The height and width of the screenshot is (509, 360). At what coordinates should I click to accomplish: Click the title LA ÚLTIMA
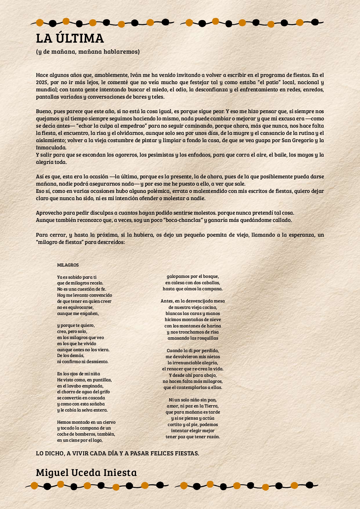(70, 39)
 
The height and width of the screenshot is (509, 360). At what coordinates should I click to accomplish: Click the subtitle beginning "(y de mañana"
(88, 52)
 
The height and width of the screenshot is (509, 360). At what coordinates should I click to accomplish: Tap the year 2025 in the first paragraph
(42, 82)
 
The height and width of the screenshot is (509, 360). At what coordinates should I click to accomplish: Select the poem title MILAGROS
(68, 265)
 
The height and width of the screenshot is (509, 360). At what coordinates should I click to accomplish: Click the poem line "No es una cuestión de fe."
(82, 289)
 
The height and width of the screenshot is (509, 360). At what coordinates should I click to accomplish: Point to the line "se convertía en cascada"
(81, 398)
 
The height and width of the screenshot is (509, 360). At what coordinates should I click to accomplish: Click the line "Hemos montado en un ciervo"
(86, 422)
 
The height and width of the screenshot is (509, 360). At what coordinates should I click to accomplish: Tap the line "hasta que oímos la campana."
(193, 289)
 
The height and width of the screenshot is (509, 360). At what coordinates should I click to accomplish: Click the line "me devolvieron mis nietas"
(193, 357)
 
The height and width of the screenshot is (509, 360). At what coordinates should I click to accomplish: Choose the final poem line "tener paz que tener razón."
(193, 437)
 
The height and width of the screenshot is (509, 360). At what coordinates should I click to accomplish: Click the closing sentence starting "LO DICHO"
(117, 454)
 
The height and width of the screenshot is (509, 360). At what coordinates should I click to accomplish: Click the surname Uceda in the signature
(86, 473)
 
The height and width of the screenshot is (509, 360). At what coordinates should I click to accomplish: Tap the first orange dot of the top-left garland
(40, 23)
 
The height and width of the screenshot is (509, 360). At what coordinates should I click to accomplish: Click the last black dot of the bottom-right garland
(310, 485)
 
